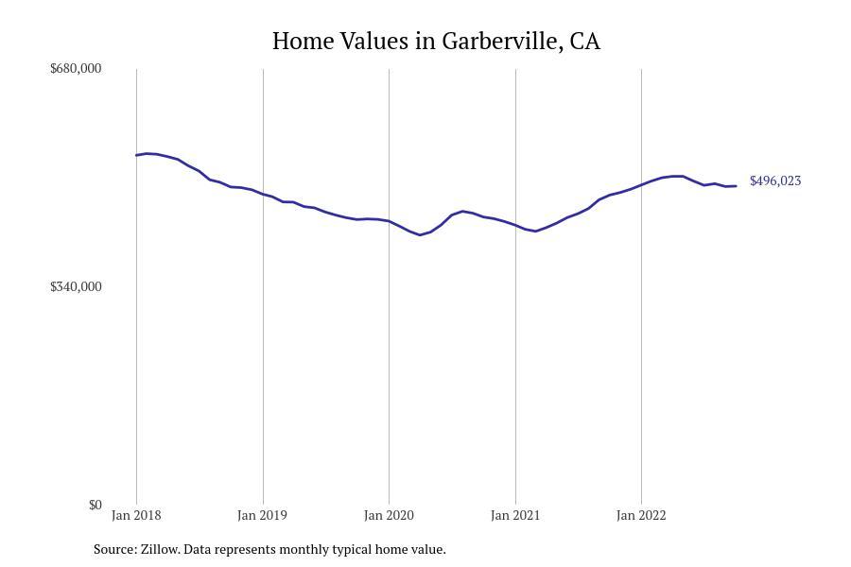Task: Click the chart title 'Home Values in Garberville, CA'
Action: click(436, 42)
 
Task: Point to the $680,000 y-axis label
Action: click(76, 68)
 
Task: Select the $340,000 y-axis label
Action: click(76, 286)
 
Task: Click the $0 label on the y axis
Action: click(95, 505)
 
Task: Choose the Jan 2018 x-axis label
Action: click(136, 516)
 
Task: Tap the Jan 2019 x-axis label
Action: click(263, 516)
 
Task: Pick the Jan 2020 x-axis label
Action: click(389, 516)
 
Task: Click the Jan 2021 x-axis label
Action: click(515, 516)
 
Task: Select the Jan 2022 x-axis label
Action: click(641, 516)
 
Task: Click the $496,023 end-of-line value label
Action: click(775, 180)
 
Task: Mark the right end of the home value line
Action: click(736, 186)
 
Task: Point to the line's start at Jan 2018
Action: click(136, 155)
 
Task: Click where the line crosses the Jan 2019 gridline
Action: click(263, 195)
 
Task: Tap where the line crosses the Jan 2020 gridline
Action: click(389, 221)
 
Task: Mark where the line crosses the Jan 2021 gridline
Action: click(515, 226)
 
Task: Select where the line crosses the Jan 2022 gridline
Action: click(641, 184)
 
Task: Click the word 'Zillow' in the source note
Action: click(159, 549)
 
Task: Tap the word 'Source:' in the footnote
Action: click(114, 549)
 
